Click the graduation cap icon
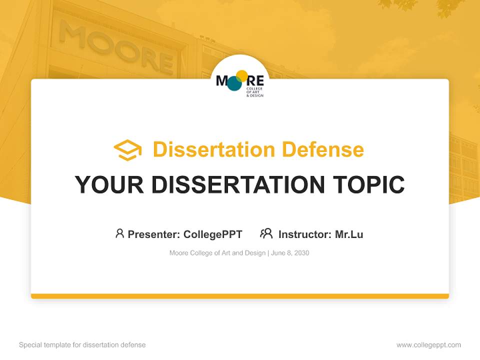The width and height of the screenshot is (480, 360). (x=127, y=150)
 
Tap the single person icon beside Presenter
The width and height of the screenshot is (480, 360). (x=119, y=233)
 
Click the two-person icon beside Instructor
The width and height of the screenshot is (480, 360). (x=266, y=233)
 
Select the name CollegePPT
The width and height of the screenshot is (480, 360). (x=212, y=234)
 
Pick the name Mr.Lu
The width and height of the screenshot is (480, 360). (x=349, y=234)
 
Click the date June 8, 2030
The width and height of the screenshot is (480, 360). (x=290, y=253)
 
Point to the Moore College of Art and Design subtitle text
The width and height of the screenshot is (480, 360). (x=217, y=253)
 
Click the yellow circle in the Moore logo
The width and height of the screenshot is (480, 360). (x=242, y=76)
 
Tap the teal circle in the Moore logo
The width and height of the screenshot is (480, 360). (x=234, y=83)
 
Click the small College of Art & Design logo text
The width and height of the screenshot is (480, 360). (x=254, y=92)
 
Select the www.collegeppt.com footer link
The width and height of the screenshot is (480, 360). (x=428, y=345)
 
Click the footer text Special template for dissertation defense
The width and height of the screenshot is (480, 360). (x=82, y=345)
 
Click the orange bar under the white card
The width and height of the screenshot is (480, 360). (x=240, y=296)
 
